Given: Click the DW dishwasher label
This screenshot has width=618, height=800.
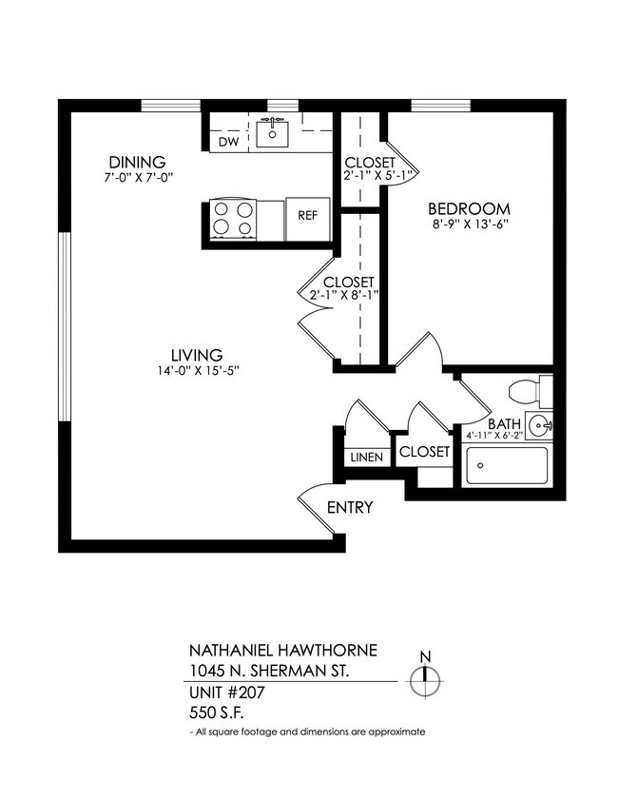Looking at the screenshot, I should tap(228, 142).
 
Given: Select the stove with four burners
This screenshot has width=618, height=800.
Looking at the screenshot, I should tap(233, 218).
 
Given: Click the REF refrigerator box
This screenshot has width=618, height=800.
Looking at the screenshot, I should tap(307, 215).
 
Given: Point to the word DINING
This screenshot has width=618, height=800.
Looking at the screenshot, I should tap(137, 162).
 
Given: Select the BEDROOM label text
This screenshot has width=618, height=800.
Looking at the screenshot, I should tap(469, 208).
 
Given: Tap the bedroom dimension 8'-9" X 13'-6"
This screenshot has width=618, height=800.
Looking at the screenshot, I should tap(469, 226).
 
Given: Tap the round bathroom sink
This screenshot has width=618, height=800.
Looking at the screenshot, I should tap(540, 425).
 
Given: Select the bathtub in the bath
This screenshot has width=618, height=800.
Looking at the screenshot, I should tap(506, 466).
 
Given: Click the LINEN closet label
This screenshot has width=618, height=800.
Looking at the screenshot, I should tap(365, 458).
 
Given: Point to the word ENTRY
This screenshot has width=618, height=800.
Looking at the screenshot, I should tap(349, 507).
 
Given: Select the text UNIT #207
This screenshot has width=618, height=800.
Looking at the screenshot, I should tap(226, 693).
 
